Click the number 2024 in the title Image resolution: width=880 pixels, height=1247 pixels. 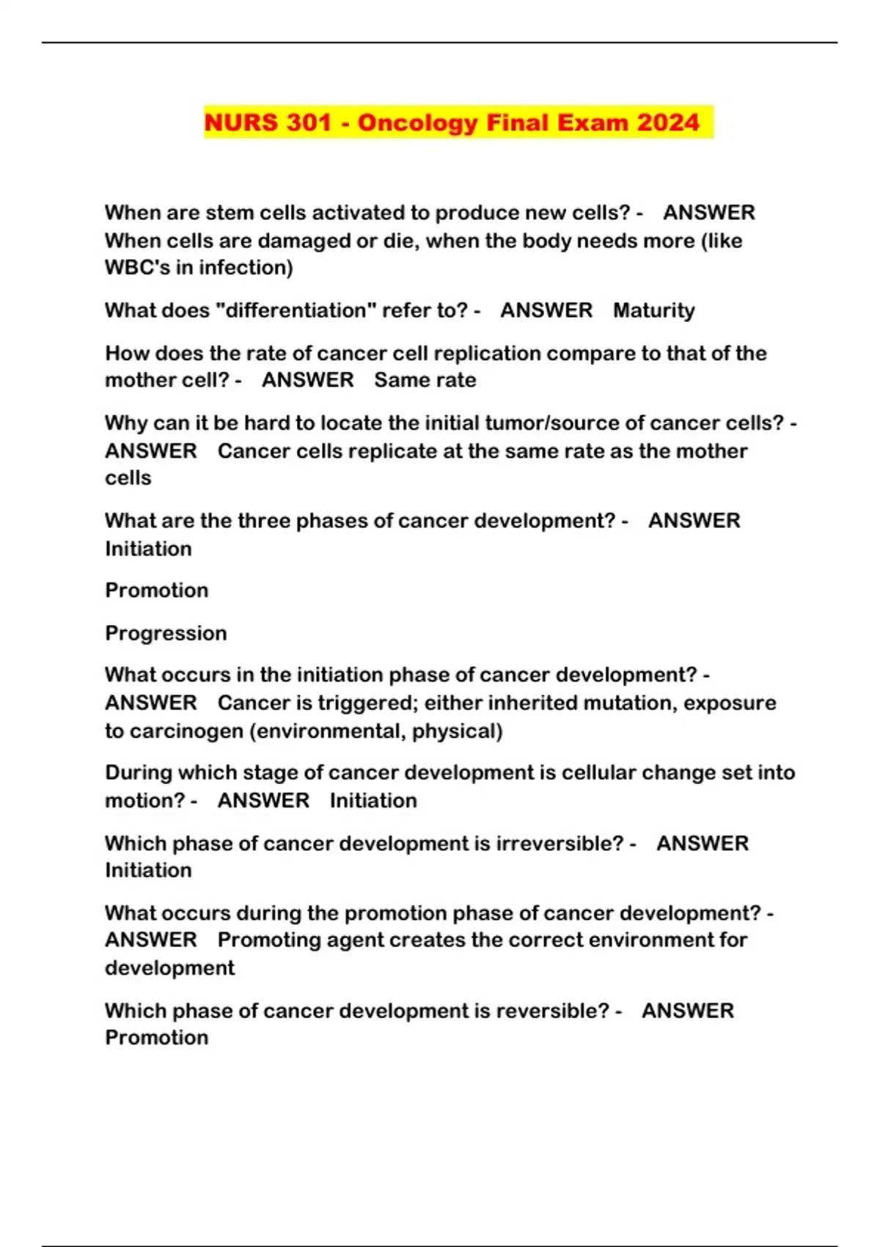[x=668, y=122]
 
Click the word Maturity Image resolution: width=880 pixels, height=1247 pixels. [x=653, y=310]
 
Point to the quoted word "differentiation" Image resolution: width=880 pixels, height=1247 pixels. [x=295, y=310]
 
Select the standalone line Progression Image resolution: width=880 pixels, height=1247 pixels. [x=166, y=633]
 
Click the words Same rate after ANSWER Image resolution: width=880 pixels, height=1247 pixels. [x=425, y=380]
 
